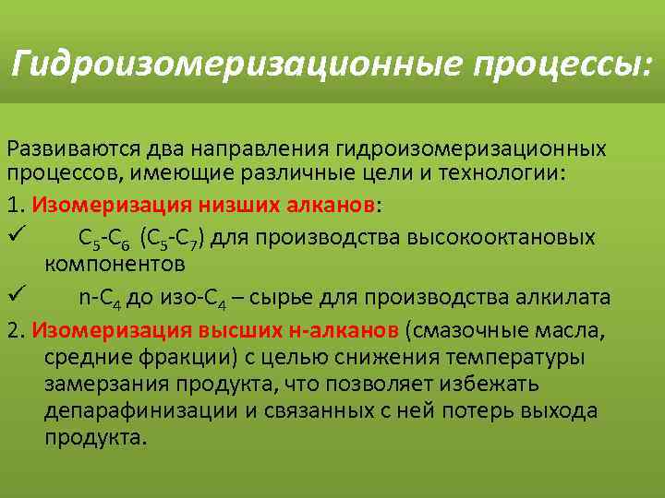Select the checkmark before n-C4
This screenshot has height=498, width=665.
coord(14,296)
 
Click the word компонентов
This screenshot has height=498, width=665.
coord(115,263)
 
